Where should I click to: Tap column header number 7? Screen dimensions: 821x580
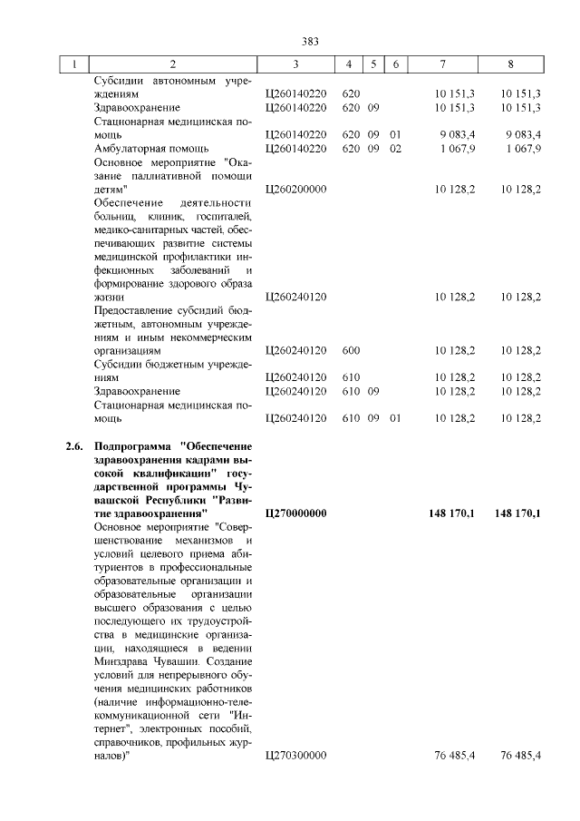click(x=442, y=64)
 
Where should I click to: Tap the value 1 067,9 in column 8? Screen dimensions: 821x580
click(x=524, y=149)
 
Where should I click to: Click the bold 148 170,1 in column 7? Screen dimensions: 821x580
click(x=452, y=513)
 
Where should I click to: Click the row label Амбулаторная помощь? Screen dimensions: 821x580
click(x=151, y=149)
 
